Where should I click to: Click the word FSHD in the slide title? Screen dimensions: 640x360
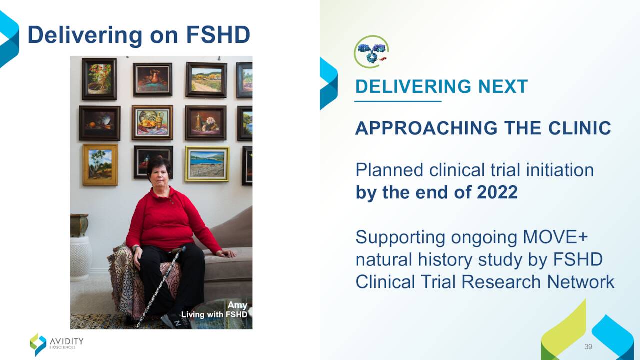pyautogui.click(x=218, y=35)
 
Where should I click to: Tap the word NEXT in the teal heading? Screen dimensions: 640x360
pyautogui.click(x=503, y=86)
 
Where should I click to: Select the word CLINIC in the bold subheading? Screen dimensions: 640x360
pyautogui.click(x=579, y=128)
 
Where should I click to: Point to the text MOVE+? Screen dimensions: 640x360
pyautogui.click(x=555, y=237)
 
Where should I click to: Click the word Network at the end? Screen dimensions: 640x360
pyautogui.click(x=580, y=282)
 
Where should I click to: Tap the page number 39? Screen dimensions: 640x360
pyautogui.click(x=588, y=346)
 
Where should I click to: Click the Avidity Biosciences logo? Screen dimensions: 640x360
pyautogui.click(x=57, y=344)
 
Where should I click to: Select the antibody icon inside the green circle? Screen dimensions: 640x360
pyautogui.click(x=371, y=52)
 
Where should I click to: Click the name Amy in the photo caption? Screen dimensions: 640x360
pyautogui.click(x=237, y=305)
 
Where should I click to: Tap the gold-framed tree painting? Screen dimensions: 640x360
pyautogui.click(x=100, y=165)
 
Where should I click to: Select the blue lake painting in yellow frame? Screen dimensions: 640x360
pyautogui.click(x=207, y=164)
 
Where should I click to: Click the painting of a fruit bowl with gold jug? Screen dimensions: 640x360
pyautogui.click(x=152, y=123)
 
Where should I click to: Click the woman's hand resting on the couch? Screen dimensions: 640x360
pyautogui.click(x=226, y=253)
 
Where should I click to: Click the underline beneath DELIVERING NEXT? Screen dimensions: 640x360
pyautogui.click(x=398, y=101)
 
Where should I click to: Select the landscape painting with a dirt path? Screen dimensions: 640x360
pyautogui.click(x=206, y=80)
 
